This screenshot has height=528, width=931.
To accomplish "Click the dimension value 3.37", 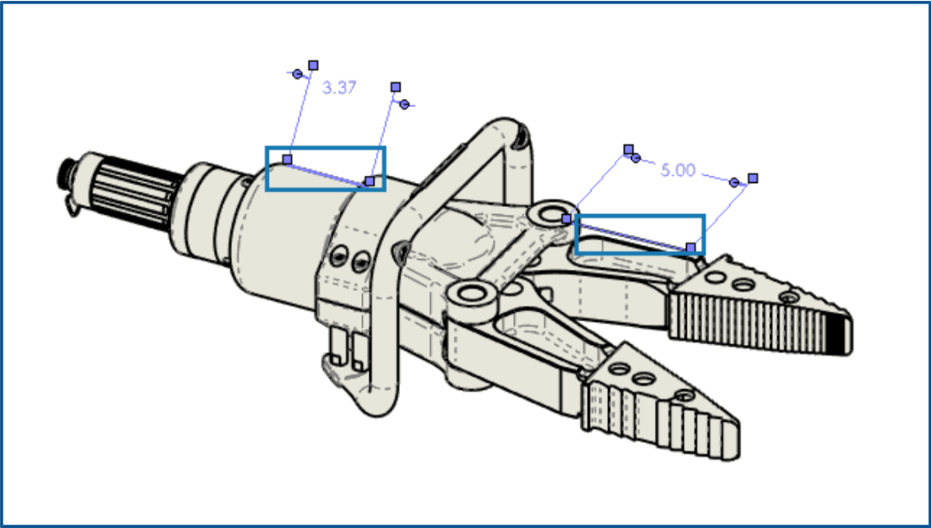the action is click(x=339, y=88).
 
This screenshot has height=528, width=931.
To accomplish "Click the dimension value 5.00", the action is click(x=678, y=171).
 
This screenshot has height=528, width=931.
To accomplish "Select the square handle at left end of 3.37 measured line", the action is click(x=287, y=159).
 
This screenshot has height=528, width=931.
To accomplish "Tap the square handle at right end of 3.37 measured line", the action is click(x=370, y=180).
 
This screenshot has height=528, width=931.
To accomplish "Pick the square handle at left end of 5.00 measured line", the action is click(x=566, y=218).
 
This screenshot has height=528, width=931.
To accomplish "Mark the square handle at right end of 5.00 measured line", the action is click(x=690, y=247).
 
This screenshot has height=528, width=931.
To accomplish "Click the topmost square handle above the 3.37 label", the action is click(x=314, y=66).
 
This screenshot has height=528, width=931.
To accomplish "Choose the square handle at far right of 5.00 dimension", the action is click(x=753, y=179).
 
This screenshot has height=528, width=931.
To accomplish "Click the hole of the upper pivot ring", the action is click(x=553, y=215).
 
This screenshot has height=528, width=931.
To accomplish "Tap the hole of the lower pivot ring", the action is click(x=471, y=292).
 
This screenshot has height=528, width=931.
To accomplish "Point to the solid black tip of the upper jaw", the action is click(x=838, y=334).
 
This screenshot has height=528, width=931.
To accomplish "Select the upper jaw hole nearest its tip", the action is click(x=789, y=297).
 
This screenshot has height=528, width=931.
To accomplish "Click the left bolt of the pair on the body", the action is click(x=339, y=256).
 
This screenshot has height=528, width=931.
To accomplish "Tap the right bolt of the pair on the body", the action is click(x=361, y=261).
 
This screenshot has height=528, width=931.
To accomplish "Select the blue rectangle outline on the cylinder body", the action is click(x=325, y=148).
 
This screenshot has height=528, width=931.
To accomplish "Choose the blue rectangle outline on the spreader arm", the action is click(x=640, y=217).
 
